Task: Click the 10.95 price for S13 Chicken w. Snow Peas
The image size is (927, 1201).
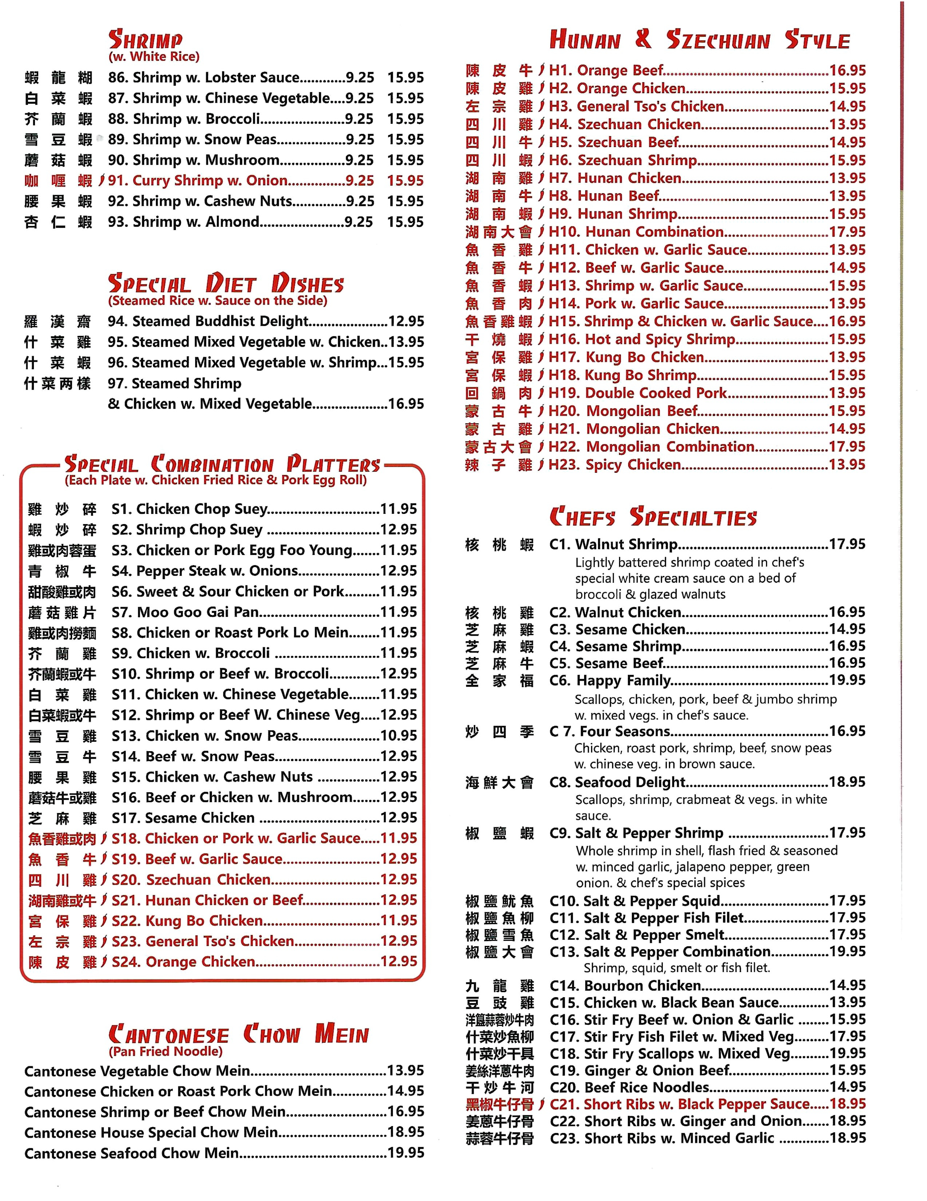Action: pos(398,736)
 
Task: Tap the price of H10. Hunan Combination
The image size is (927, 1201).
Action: pos(847,232)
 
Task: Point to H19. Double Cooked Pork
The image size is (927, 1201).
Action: pos(638,393)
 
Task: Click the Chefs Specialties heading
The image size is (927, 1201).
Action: pos(653,517)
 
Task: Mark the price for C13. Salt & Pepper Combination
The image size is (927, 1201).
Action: pos(847,952)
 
